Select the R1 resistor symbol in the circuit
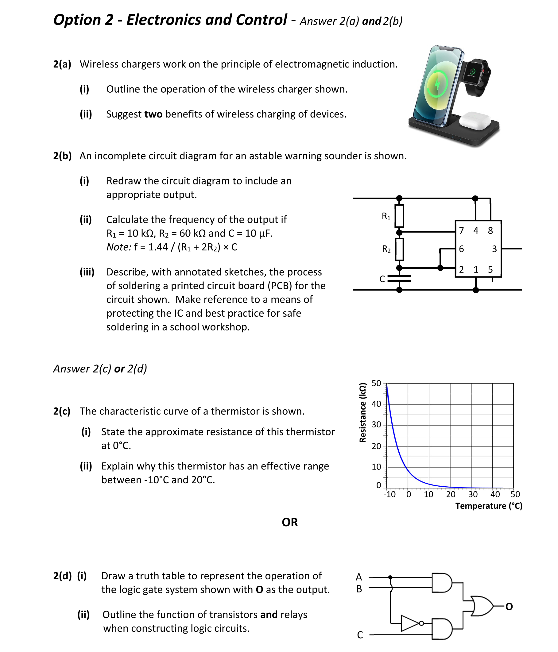point(399,216)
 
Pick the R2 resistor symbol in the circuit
point(399,249)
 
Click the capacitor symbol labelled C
point(399,279)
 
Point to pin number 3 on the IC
point(494,249)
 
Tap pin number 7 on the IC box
point(461,231)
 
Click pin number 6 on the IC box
point(461,249)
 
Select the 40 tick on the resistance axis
point(376,404)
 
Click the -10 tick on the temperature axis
point(389,494)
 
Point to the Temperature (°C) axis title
point(488,506)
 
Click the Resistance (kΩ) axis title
point(362,413)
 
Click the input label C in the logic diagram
point(360,635)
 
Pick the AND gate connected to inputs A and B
point(442,583)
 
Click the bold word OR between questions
point(289,522)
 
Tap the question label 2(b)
point(62,156)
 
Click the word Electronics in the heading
point(164,20)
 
